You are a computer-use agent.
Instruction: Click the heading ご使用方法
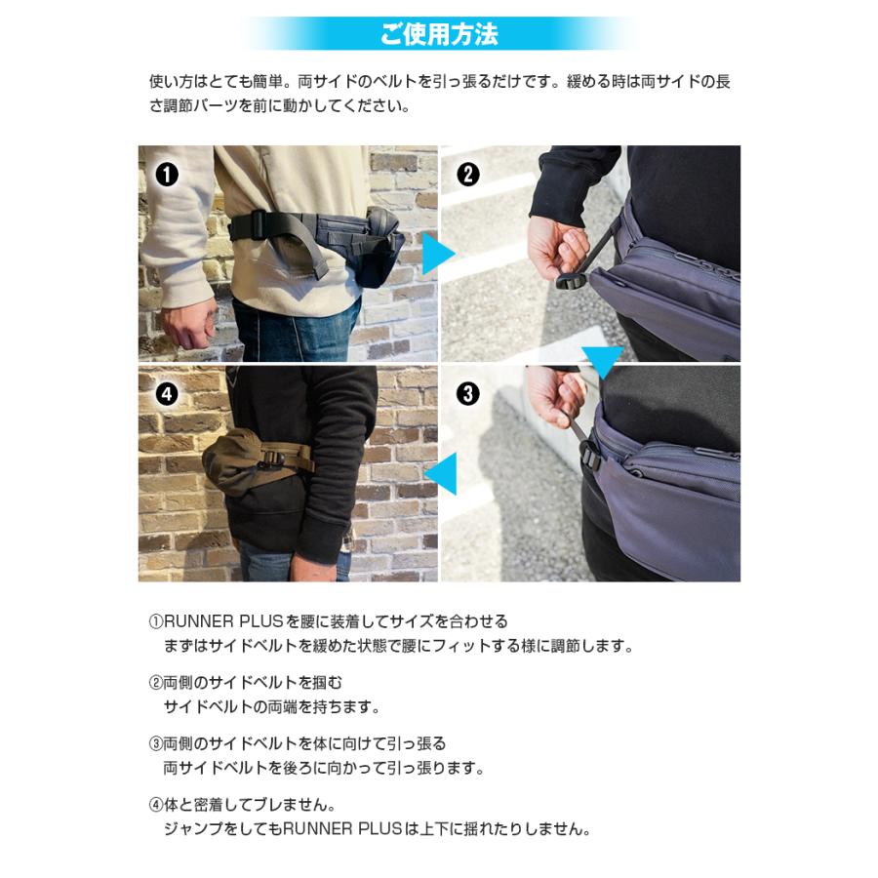click(439, 35)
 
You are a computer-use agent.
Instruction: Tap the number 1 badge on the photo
click(167, 175)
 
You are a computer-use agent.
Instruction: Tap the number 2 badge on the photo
click(468, 175)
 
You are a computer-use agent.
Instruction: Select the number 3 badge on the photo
click(468, 394)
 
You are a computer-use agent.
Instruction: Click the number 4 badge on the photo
click(167, 394)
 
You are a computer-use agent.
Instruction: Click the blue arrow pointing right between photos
click(438, 256)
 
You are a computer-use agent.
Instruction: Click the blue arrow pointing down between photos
click(601, 361)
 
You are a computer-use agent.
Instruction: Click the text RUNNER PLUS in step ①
click(222, 620)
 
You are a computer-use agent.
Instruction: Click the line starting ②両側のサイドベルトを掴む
click(246, 682)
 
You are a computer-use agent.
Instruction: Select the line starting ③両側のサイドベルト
click(297, 743)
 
